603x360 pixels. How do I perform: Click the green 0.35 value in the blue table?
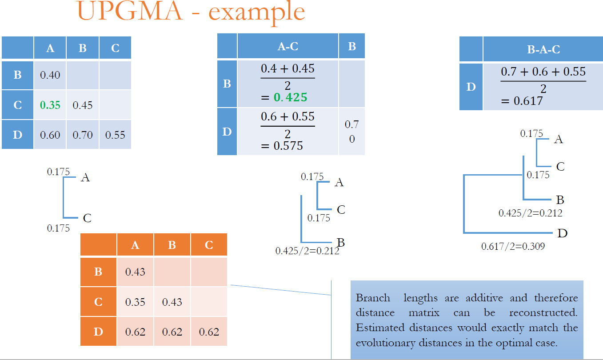pyautogui.click(x=50, y=105)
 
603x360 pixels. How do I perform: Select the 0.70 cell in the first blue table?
pyautogui.click(x=83, y=135)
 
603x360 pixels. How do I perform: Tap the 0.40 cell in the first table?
pyautogui.click(x=50, y=75)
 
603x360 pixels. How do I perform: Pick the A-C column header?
pyautogui.click(x=288, y=46)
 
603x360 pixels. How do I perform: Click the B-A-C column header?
pyautogui.click(x=543, y=50)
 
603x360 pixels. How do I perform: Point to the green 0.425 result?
pyautogui.click(x=290, y=97)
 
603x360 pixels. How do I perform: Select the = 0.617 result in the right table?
pyautogui.click(x=522, y=101)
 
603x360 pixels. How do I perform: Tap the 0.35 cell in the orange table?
pyautogui.click(x=135, y=302)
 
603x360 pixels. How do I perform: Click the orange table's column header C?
pyautogui.click(x=209, y=245)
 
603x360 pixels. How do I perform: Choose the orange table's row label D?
pyautogui.click(x=98, y=332)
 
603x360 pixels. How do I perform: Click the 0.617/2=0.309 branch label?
pyautogui.click(x=513, y=246)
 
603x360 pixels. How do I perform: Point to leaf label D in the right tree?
pyautogui.click(x=562, y=233)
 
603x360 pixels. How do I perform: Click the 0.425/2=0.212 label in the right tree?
pyautogui.click(x=530, y=213)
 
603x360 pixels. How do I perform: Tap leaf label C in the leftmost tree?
pyautogui.click(x=87, y=218)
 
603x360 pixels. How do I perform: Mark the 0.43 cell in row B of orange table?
pyautogui.click(x=135, y=272)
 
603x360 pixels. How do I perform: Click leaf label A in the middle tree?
pyautogui.click(x=339, y=182)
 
